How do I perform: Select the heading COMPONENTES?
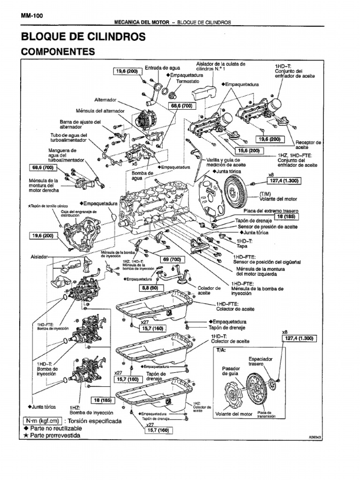(58, 52)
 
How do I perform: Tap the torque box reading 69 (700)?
(172, 259)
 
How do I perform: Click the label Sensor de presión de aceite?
(267, 226)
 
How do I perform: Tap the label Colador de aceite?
(209, 291)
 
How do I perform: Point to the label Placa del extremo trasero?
(275, 211)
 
